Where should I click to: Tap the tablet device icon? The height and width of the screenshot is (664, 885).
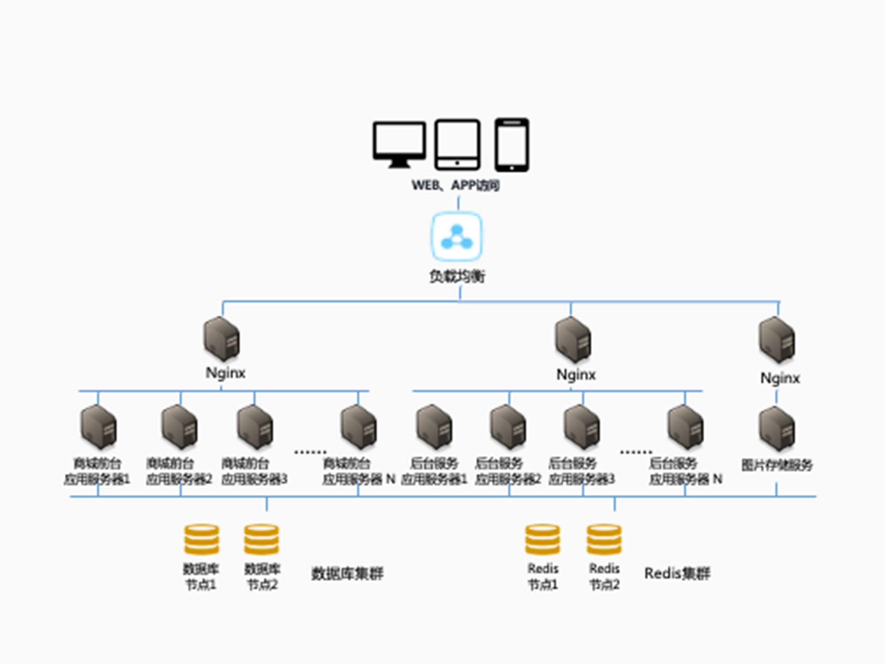tap(457, 144)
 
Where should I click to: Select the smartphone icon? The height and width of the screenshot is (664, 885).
tap(512, 144)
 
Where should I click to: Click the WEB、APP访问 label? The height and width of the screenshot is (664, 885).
tap(455, 185)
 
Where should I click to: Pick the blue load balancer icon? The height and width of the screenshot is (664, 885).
tap(457, 237)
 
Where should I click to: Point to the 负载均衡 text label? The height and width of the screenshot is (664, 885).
tap(457, 276)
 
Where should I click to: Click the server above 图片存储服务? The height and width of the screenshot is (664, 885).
tap(777, 429)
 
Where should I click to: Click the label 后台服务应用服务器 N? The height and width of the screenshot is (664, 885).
tap(685, 471)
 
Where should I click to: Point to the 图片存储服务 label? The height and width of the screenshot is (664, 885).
tap(777, 465)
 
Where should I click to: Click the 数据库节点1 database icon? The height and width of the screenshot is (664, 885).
tap(201, 539)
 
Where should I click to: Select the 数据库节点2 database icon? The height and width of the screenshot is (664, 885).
tap(261, 539)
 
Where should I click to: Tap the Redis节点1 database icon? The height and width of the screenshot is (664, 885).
tap(543, 539)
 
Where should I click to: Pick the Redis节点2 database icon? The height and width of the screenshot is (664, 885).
tap(604, 539)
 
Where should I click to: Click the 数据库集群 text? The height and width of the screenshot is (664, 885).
tap(347, 574)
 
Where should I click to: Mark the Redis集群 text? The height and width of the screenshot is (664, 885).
tap(677, 574)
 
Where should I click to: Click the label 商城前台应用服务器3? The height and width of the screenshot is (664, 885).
tap(254, 471)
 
